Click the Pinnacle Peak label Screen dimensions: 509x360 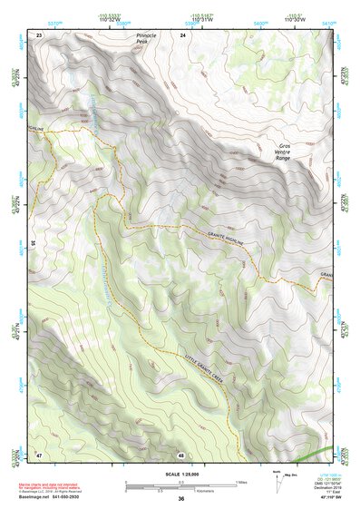(x=146, y=39)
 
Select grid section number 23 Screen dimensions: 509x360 (x=39, y=34)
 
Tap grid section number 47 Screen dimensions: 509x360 (x=39, y=454)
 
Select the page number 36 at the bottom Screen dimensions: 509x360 (x=181, y=498)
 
